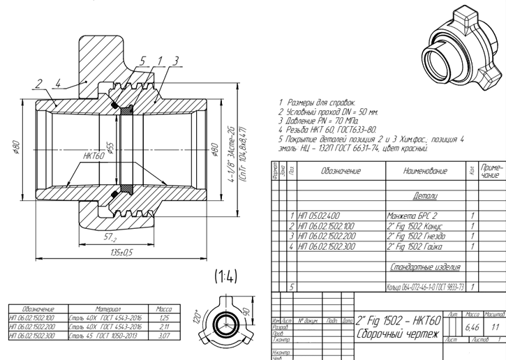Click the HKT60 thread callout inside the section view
(x=93, y=157)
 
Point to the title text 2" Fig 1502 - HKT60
(x=398, y=321)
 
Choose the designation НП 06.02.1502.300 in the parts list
(x=327, y=246)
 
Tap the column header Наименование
(x=424, y=170)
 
